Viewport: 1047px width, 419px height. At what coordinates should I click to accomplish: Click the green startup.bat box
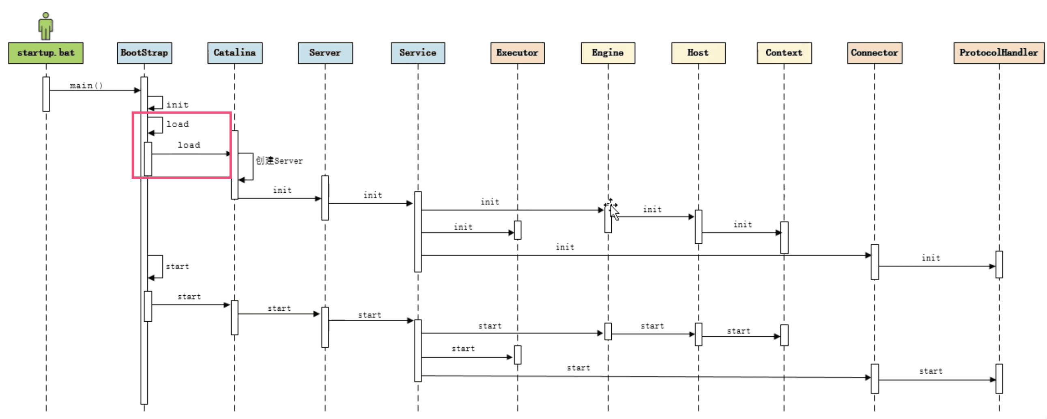coord(45,53)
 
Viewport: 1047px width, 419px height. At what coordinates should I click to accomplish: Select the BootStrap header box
coord(144,53)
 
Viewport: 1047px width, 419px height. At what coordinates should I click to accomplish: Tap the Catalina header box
coord(234,53)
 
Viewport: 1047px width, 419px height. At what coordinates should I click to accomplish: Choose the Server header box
coord(325,53)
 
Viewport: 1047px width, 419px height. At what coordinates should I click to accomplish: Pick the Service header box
coord(417,53)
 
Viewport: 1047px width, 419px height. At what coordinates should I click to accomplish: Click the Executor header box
coord(517,53)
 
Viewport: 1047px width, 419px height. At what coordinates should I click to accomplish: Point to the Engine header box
coord(608,53)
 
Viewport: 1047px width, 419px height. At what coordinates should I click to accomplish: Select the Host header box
coord(698,53)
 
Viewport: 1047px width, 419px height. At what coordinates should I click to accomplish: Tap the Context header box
coord(784,53)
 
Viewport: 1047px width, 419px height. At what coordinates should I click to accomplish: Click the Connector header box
coord(874,53)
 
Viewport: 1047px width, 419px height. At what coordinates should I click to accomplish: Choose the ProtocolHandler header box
coord(999,53)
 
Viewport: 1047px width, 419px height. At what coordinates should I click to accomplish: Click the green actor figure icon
coord(45,26)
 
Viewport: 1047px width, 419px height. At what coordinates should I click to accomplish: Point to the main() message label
coord(86,85)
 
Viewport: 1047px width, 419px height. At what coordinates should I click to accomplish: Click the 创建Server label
coord(279,161)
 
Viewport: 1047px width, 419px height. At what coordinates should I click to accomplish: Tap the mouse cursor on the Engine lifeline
coord(613,209)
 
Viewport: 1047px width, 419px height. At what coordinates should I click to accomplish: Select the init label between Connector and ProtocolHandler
coord(931,258)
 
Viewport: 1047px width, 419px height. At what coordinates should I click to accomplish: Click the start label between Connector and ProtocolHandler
coord(931,371)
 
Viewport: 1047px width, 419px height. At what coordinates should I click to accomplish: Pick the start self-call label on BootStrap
coord(177,266)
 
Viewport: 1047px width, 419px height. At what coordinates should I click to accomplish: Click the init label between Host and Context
coord(743,224)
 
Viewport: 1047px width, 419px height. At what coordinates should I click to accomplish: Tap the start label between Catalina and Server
coord(279,308)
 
